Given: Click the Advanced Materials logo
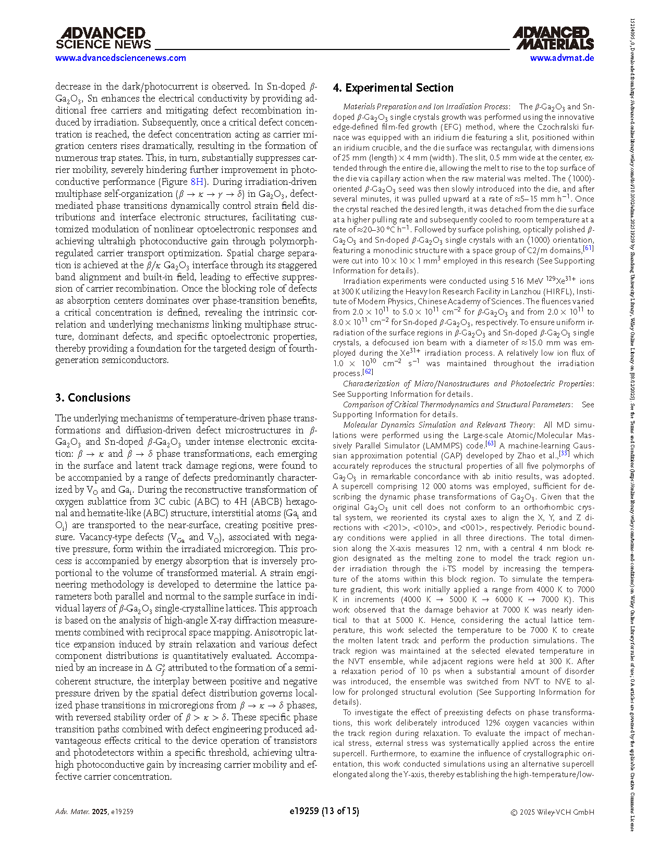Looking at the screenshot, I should pyautogui.click(x=553, y=39).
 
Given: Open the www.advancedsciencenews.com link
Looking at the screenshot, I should pyautogui.click(x=120, y=58).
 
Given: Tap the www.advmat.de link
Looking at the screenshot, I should pyautogui.click(x=562, y=58).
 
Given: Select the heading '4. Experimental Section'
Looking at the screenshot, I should pyautogui.click(x=393, y=88).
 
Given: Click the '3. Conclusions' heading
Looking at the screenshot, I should pyautogui.click(x=93, y=397).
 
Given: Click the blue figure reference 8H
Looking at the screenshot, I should pyautogui.click(x=198, y=182).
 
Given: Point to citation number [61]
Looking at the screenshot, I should pyautogui.click(x=588, y=248).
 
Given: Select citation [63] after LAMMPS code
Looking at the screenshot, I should pyautogui.click(x=490, y=443).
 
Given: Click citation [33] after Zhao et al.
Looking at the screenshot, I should pyautogui.click(x=564, y=454).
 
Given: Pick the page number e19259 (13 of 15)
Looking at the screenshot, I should pyautogui.click(x=324, y=811).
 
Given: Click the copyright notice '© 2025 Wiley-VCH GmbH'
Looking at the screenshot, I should pyautogui.click(x=552, y=812).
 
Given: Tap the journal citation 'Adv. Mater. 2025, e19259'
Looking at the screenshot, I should pyautogui.click(x=94, y=812).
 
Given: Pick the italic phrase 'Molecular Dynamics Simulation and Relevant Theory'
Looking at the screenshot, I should pyautogui.click(x=438, y=425).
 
